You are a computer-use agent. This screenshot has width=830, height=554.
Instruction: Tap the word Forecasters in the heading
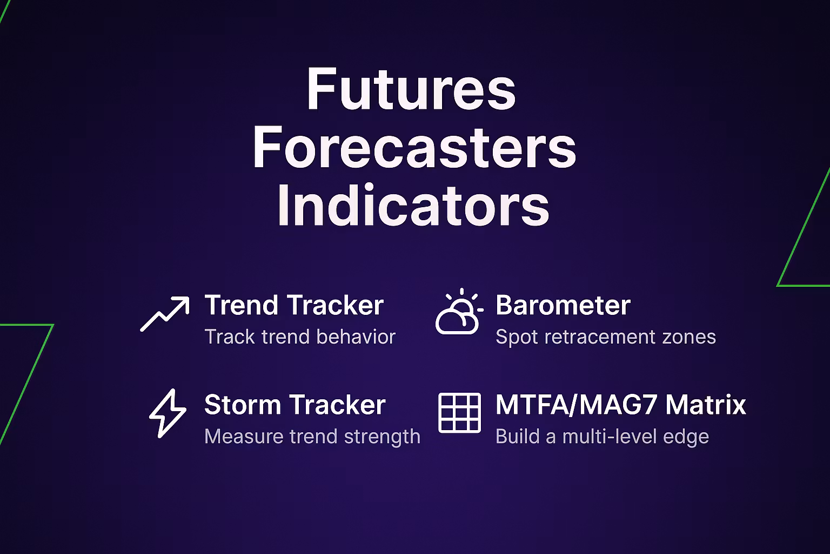pos(414,147)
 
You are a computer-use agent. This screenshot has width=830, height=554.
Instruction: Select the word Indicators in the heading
pos(413,205)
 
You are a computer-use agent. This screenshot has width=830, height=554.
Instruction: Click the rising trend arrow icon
pos(165,314)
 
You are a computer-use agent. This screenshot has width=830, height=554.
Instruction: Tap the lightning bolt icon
pos(168,413)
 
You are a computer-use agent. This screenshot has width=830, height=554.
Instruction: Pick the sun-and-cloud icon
pos(459,311)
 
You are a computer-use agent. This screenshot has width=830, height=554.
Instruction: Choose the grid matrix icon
pos(459,413)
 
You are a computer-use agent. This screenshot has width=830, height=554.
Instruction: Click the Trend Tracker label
pos(294,305)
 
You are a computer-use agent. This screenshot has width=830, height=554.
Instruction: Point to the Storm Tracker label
pos(295,405)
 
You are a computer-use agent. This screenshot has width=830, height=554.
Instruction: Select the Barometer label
pos(563,305)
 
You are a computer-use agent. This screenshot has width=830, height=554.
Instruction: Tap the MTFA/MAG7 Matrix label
pos(621,405)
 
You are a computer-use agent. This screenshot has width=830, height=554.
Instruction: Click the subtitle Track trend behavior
pos(300,337)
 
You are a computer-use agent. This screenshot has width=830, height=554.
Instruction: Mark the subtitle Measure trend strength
pos(312,437)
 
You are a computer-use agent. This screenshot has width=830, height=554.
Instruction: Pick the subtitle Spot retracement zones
pos(606,337)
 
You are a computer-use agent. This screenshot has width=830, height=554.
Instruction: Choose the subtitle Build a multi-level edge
pos(602,437)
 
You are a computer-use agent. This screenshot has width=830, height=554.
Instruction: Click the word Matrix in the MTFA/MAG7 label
pos(706,405)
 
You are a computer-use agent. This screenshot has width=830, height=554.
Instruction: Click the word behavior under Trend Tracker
pos(356,337)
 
